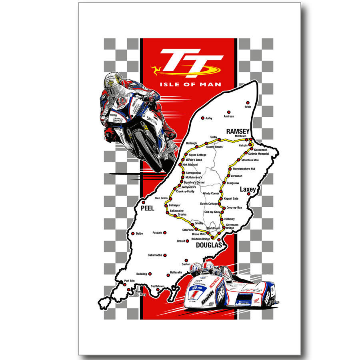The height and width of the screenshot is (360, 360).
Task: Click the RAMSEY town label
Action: (x=238, y=131)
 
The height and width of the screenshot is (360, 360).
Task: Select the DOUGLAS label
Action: (x=209, y=245)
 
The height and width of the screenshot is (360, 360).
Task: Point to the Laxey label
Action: (x=248, y=189)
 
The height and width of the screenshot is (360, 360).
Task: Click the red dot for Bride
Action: (x=248, y=103)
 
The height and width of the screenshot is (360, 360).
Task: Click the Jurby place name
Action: (x=208, y=118)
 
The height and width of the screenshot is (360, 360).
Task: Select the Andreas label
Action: (x=229, y=116)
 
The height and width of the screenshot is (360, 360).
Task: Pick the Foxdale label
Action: (x=157, y=232)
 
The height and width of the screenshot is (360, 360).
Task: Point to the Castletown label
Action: (x=158, y=286)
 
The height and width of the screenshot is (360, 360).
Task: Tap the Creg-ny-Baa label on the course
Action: (x=234, y=208)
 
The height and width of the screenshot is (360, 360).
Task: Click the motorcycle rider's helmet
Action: (x=114, y=82)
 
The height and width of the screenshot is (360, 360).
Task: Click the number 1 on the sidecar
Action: (x=195, y=295)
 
